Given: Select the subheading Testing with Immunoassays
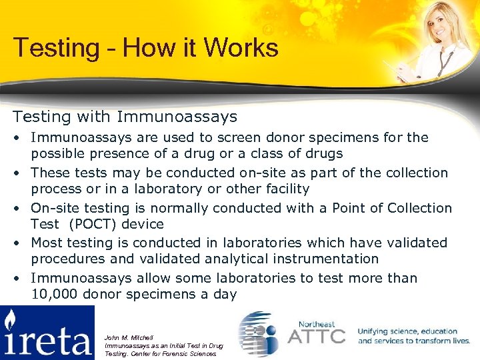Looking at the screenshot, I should tap(125, 117).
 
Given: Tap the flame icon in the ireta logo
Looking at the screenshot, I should tap(10, 322).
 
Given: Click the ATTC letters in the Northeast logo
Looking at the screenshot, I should tap(317, 335).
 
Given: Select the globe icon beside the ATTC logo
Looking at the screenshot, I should tap(259, 333).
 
